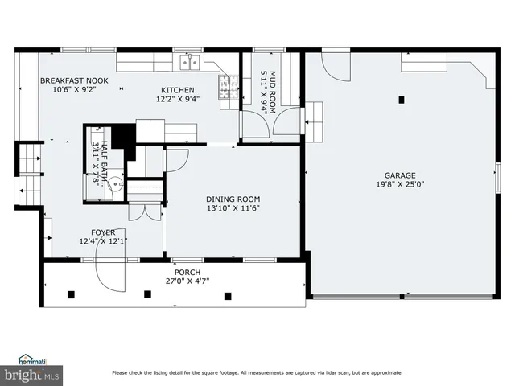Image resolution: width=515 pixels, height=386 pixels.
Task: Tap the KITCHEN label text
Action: point(177,90)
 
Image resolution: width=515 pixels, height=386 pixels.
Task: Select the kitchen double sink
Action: point(190,63)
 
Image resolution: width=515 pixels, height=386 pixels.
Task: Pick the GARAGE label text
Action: point(399,175)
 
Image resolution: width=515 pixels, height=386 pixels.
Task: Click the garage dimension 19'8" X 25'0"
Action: point(399,184)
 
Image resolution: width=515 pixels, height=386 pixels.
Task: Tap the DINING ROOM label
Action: point(233,199)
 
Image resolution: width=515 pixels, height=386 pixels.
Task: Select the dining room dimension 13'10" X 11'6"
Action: point(233,208)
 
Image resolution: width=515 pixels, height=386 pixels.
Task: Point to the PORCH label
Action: point(175,273)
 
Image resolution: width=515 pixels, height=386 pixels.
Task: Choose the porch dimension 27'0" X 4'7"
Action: point(175,281)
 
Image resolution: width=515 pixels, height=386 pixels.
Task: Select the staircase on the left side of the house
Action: point(29,173)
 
